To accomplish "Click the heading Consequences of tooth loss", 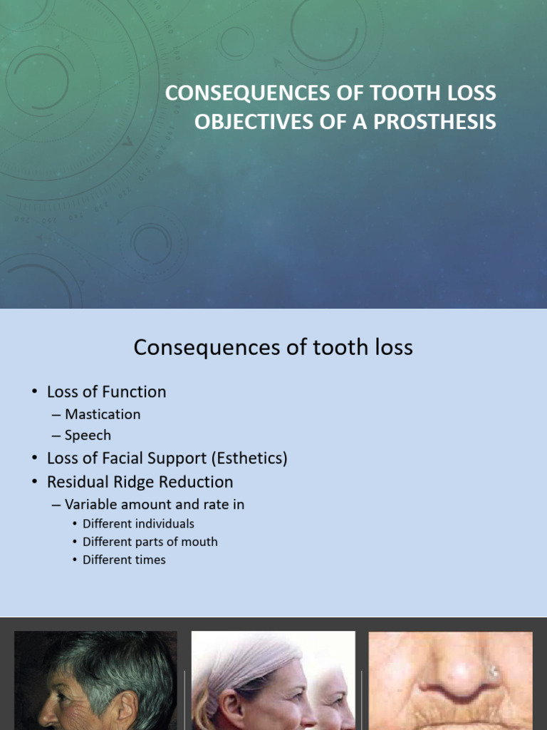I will coord(273,348).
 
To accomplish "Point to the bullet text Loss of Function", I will coord(106,391).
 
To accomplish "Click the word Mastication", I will coord(103,414).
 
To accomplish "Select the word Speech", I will coord(88,435).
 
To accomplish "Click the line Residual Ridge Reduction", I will coord(140,482).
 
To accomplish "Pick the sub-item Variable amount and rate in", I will coord(155,505).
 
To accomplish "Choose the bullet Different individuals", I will coord(138,524).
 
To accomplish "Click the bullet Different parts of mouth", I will coord(150,542).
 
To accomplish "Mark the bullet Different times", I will coord(124,560).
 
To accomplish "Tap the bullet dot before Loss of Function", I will coord(34,392).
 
